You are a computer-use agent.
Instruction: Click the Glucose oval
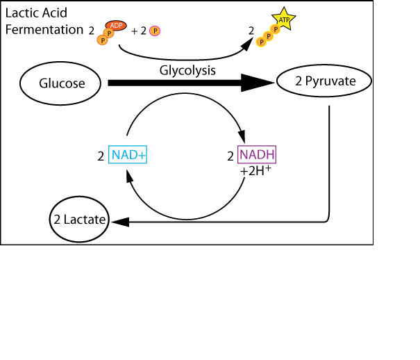tap(62, 83)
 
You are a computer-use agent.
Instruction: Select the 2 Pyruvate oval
tap(325, 82)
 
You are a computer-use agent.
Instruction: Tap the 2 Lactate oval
tap(80, 220)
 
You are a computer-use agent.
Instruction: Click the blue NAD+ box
tap(127, 155)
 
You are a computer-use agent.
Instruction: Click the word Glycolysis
tap(187, 70)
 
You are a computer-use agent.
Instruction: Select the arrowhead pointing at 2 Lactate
tap(119, 222)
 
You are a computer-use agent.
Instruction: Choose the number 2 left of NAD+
tap(101, 156)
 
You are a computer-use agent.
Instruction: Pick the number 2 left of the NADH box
tap(230, 156)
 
